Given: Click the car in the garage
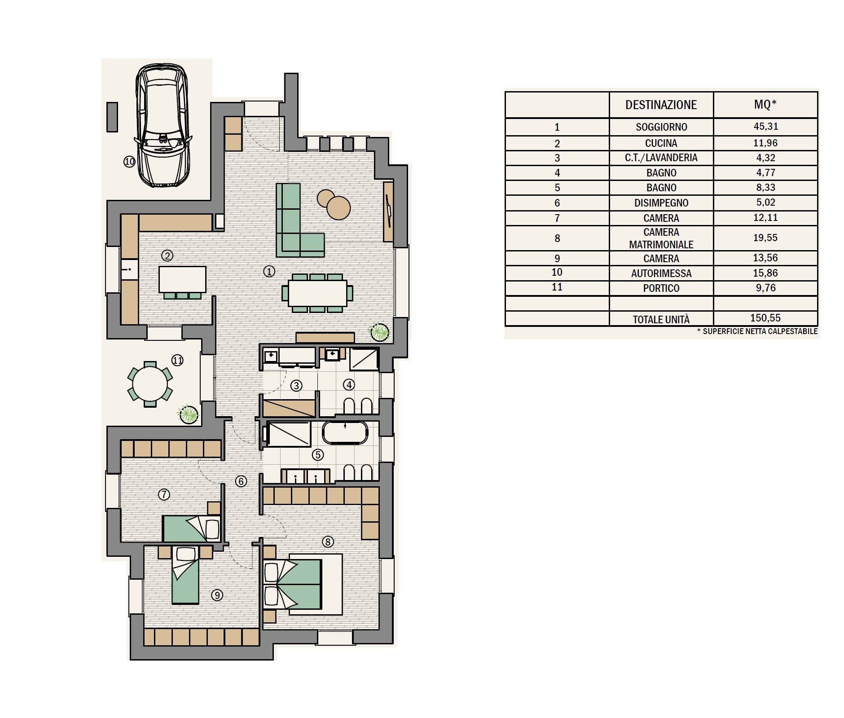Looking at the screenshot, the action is pos(163,125).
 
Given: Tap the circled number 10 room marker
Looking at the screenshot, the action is pos(129,162).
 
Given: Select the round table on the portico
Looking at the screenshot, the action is pos(150,383).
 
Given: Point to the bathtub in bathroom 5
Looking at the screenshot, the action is pos(345,433).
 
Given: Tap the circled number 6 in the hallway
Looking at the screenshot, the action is pos(241,481).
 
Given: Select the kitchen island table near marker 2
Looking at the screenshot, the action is pos(182,280).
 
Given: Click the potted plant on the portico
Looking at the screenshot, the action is pos(188,414).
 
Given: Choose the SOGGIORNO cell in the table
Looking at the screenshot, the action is pos(661,127).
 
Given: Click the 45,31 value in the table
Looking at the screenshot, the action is pos(765,126).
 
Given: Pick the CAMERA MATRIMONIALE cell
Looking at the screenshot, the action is pos(661,238).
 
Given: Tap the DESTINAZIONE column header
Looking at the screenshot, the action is pos(661,105).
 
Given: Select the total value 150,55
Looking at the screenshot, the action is pos(765,318).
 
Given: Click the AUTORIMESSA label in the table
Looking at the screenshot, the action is pos(661,273).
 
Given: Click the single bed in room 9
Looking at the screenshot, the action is pos(185,575).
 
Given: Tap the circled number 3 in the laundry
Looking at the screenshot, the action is pos(296,386).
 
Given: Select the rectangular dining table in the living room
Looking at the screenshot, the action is pos(317,293).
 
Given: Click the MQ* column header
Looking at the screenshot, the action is pos(765,105).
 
